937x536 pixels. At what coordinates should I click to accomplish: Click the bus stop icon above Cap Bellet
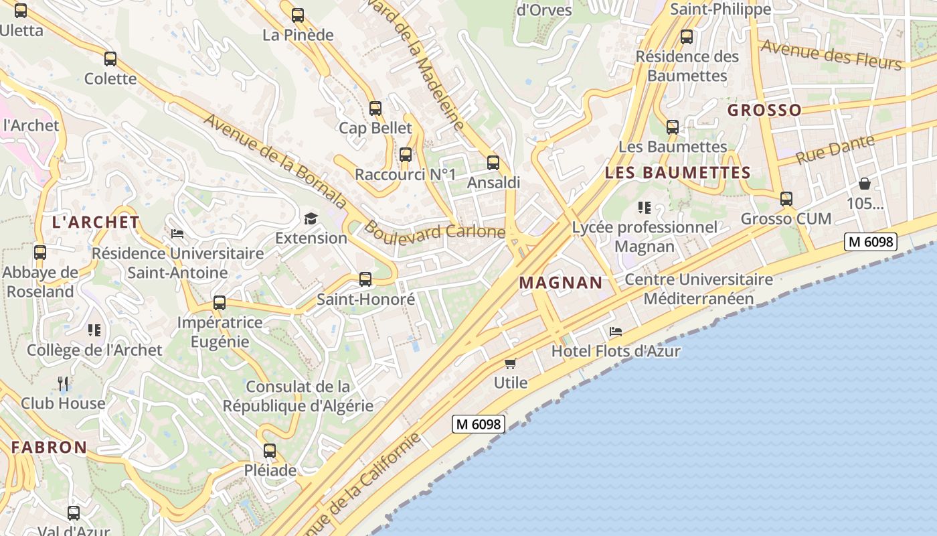click(x=375, y=108)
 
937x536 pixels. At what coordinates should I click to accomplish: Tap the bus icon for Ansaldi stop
click(x=493, y=162)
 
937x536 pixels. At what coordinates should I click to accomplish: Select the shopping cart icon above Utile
click(x=511, y=363)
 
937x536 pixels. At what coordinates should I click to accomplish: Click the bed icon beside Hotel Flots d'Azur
click(x=616, y=331)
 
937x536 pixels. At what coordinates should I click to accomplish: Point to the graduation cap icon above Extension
click(x=311, y=218)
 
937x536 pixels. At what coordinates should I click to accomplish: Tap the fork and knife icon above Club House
click(x=63, y=383)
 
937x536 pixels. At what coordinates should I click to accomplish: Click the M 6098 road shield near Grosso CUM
click(x=870, y=241)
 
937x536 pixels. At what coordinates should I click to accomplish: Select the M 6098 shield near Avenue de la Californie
click(x=478, y=423)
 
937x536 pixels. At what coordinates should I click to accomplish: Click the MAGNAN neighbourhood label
click(x=561, y=283)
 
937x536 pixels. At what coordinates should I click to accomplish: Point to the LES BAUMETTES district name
click(x=677, y=173)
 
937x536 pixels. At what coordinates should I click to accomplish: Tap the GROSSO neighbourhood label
click(x=764, y=110)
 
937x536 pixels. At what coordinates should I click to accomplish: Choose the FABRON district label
click(x=49, y=447)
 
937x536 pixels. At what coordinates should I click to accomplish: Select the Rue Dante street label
click(x=835, y=149)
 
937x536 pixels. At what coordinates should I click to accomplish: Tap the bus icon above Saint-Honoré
click(x=365, y=279)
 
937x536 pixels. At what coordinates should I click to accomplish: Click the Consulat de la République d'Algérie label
click(x=298, y=396)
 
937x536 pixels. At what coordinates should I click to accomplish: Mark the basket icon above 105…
click(x=865, y=184)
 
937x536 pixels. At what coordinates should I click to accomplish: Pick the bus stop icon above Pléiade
click(x=270, y=451)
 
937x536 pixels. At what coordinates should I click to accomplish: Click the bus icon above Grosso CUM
click(x=786, y=199)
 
